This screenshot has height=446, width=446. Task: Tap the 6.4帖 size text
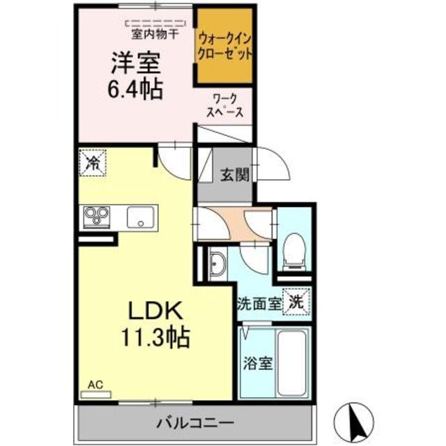(x=137, y=89)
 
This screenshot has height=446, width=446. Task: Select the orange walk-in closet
(x=224, y=45)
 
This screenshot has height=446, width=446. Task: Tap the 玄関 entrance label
(x=236, y=175)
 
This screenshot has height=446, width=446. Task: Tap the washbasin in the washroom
(x=216, y=266)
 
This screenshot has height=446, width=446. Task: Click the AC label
(x=95, y=384)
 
